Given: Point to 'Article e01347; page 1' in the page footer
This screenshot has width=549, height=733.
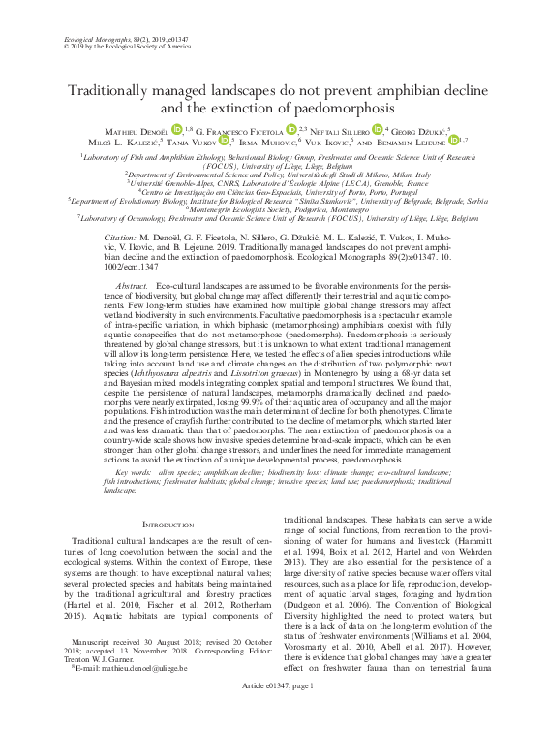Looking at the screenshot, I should pyautogui.click(x=274, y=712).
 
